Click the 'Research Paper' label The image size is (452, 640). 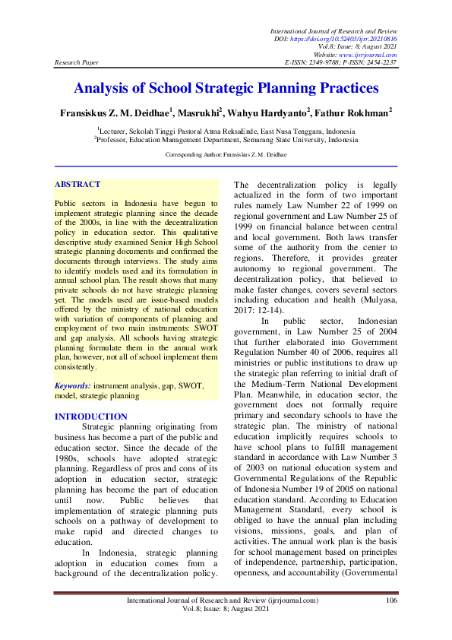75,62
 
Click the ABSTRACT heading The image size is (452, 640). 77,184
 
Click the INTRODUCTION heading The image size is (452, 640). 92,417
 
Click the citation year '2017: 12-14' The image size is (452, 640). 254,310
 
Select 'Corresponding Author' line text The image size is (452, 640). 226,154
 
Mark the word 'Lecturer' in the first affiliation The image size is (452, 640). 115,131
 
